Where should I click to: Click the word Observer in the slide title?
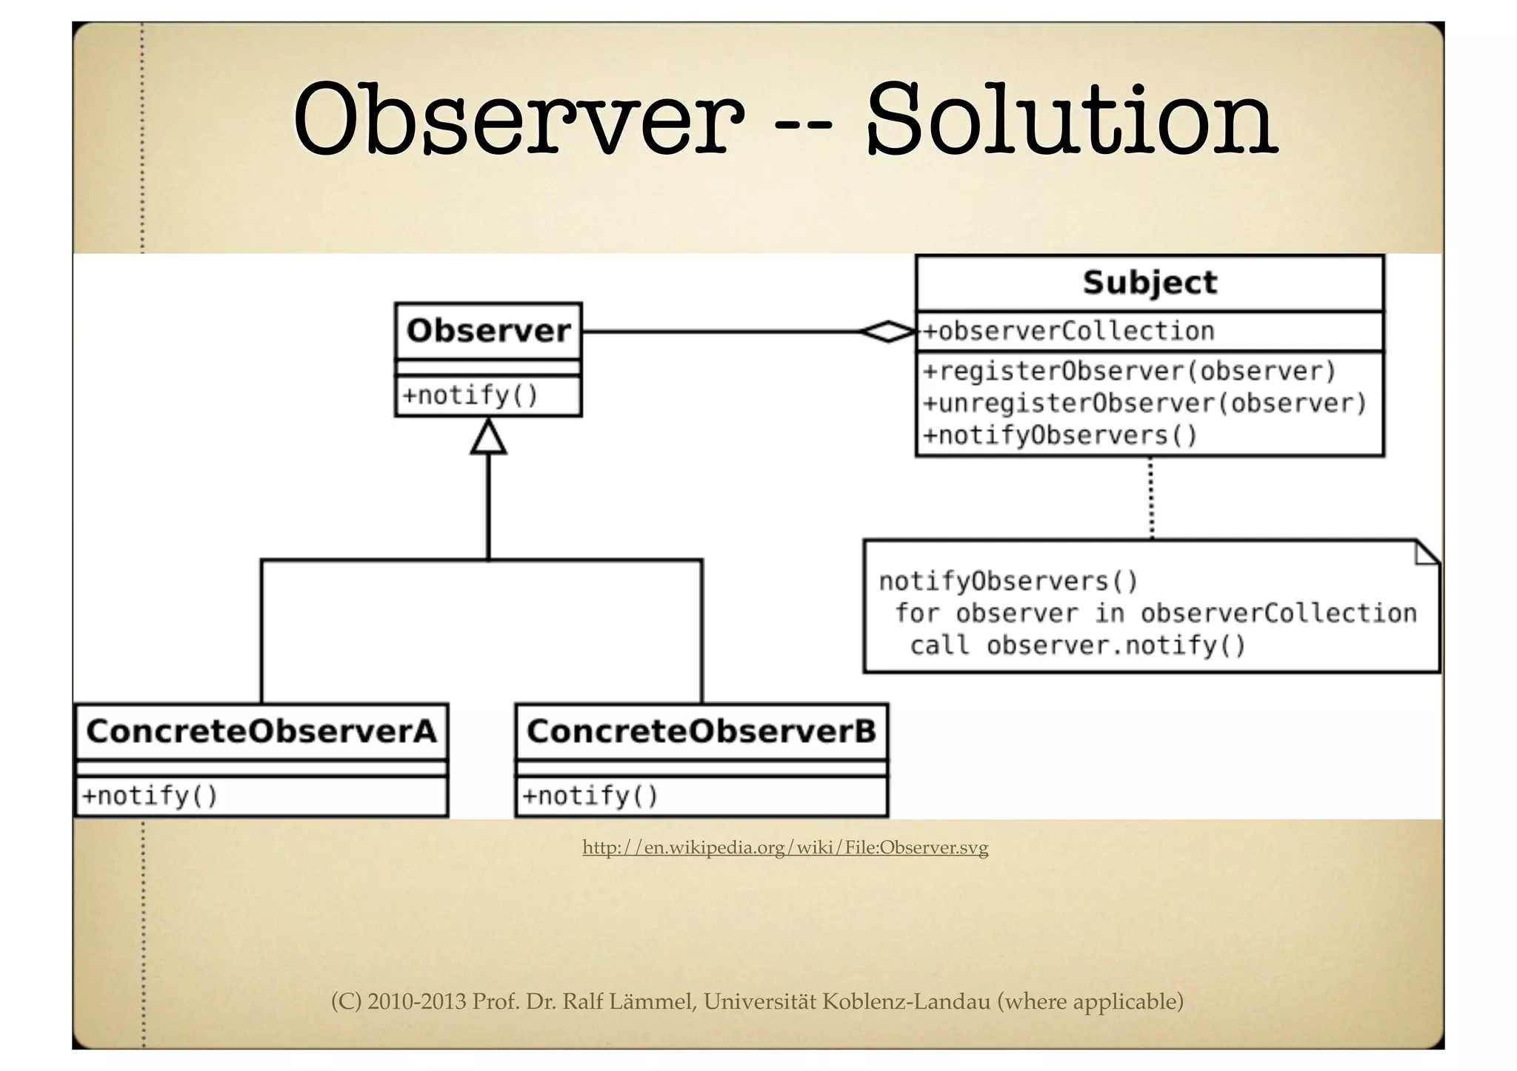(x=519, y=120)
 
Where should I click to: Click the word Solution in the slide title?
(x=1070, y=120)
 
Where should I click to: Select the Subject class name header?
(x=1149, y=283)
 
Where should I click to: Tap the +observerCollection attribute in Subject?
(x=1069, y=331)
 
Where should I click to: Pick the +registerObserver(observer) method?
(x=1129, y=371)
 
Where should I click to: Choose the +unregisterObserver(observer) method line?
(x=1144, y=403)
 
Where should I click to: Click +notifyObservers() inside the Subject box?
(x=1060, y=435)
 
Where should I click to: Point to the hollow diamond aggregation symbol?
(x=887, y=332)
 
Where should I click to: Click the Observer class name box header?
(x=488, y=331)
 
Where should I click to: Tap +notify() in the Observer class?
(x=470, y=395)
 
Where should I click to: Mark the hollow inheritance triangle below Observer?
(x=488, y=437)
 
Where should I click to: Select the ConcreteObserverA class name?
(x=261, y=731)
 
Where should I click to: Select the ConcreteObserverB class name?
(x=701, y=731)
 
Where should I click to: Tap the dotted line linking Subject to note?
(x=1151, y=497)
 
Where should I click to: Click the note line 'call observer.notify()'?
(x=1078, y=645)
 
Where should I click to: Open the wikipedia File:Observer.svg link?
(x=785, y=847)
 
